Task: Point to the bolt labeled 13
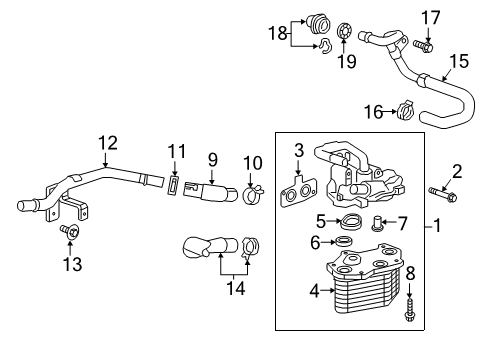[71, 233]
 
